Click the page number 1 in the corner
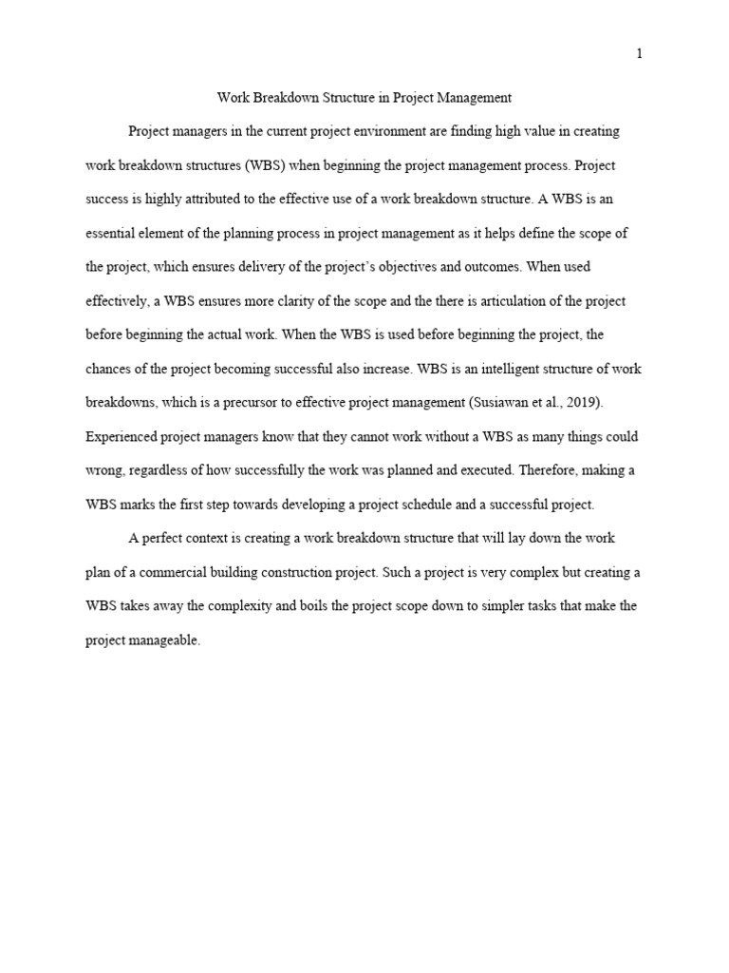pos(640,54)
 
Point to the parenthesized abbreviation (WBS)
pos(270,165)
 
